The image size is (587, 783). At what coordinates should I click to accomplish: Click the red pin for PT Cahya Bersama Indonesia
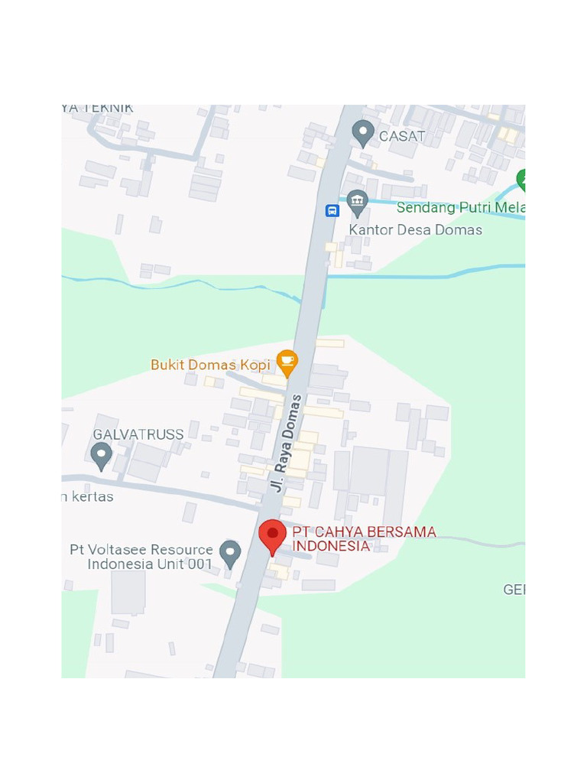tap(272, 535)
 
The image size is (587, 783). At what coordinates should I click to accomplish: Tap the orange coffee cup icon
tap(287, 362)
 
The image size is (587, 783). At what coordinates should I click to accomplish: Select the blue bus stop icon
tap(332, 210)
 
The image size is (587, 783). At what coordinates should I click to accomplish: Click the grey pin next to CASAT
tap(363, 133)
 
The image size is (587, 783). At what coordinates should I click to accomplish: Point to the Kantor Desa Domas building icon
tap(357, 202)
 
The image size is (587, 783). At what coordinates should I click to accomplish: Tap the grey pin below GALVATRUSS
tap(101, 456)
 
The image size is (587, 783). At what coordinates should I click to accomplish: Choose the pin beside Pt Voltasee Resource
tap(230, 553)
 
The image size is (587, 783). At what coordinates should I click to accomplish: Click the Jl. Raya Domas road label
tap(286, 443)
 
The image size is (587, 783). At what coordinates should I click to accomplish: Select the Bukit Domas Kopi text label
tap(210, 365)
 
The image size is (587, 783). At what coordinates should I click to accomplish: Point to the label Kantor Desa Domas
tap(415, 229)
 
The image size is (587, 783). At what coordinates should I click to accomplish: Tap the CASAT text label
tap(402, 137)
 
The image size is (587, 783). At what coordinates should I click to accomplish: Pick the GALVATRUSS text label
tap(138, 434)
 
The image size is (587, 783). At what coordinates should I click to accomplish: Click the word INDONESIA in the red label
tap(331, 546)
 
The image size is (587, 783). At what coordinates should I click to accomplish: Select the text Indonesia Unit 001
tap(150, 564)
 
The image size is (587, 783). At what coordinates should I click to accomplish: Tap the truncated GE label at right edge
tap(514, 590)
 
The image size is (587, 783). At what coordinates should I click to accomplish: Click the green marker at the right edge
tap(522, 180)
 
